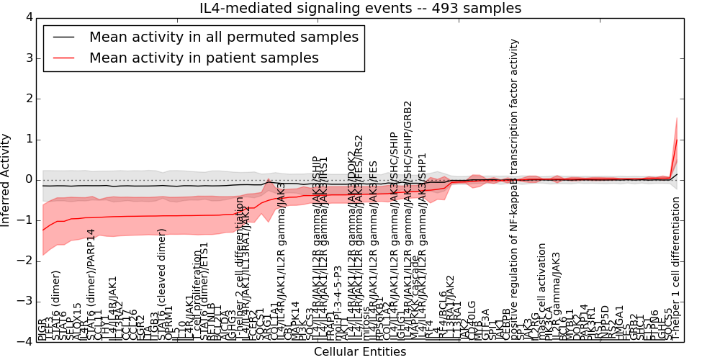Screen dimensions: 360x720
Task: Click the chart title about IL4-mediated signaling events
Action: (360, 8)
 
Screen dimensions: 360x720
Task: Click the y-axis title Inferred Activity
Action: (6, 179)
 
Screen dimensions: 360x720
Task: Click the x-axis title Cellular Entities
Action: (360, 352)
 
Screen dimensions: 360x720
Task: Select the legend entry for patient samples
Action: (204, 58)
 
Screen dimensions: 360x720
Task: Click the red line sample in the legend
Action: (62, 58)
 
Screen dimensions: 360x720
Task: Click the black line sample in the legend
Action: (62, 37)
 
